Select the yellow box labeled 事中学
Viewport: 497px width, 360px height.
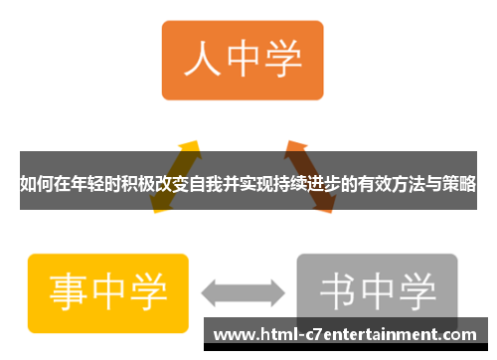click(x=108, y=291)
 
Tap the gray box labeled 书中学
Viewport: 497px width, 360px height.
click(x=378, y=291)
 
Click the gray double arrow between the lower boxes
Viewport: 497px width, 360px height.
click(x=243, y=292)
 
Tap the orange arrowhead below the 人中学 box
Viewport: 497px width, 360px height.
click(x=294, y=150)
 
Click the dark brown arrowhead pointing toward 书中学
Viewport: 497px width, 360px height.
click(x=322, y=207)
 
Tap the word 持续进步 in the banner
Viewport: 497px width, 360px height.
click(x=308, y=185)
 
